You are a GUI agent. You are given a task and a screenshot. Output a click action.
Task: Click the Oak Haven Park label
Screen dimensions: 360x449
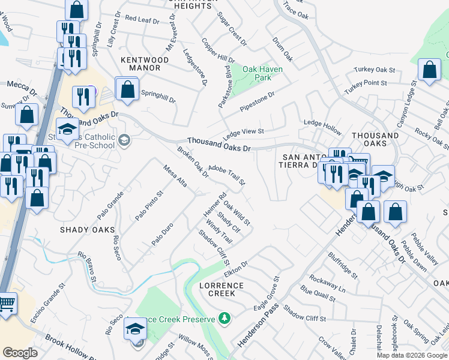click(262, 73)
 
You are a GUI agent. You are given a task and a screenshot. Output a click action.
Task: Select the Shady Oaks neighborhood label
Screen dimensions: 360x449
click(86, 230)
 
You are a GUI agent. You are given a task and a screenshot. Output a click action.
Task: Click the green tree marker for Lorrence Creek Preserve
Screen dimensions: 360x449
click(224, 317)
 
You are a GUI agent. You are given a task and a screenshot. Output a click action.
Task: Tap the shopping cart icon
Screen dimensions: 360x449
click(7, 304)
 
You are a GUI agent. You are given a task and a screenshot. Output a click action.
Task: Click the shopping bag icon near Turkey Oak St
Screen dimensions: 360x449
click(429, 70)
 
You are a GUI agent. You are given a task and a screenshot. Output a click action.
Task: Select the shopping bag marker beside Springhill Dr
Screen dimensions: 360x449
click(127, 90)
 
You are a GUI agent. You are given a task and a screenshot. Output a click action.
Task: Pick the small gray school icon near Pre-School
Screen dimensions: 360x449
click(124, 140)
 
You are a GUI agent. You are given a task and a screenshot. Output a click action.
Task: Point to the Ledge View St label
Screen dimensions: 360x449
click(244, 131)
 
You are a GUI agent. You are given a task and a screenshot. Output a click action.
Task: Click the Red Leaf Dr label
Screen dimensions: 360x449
click(142, 20)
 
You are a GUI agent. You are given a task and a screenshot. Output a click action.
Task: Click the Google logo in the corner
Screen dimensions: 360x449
click(20, 353)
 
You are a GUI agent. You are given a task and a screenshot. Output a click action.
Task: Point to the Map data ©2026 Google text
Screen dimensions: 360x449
click(412, 355)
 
